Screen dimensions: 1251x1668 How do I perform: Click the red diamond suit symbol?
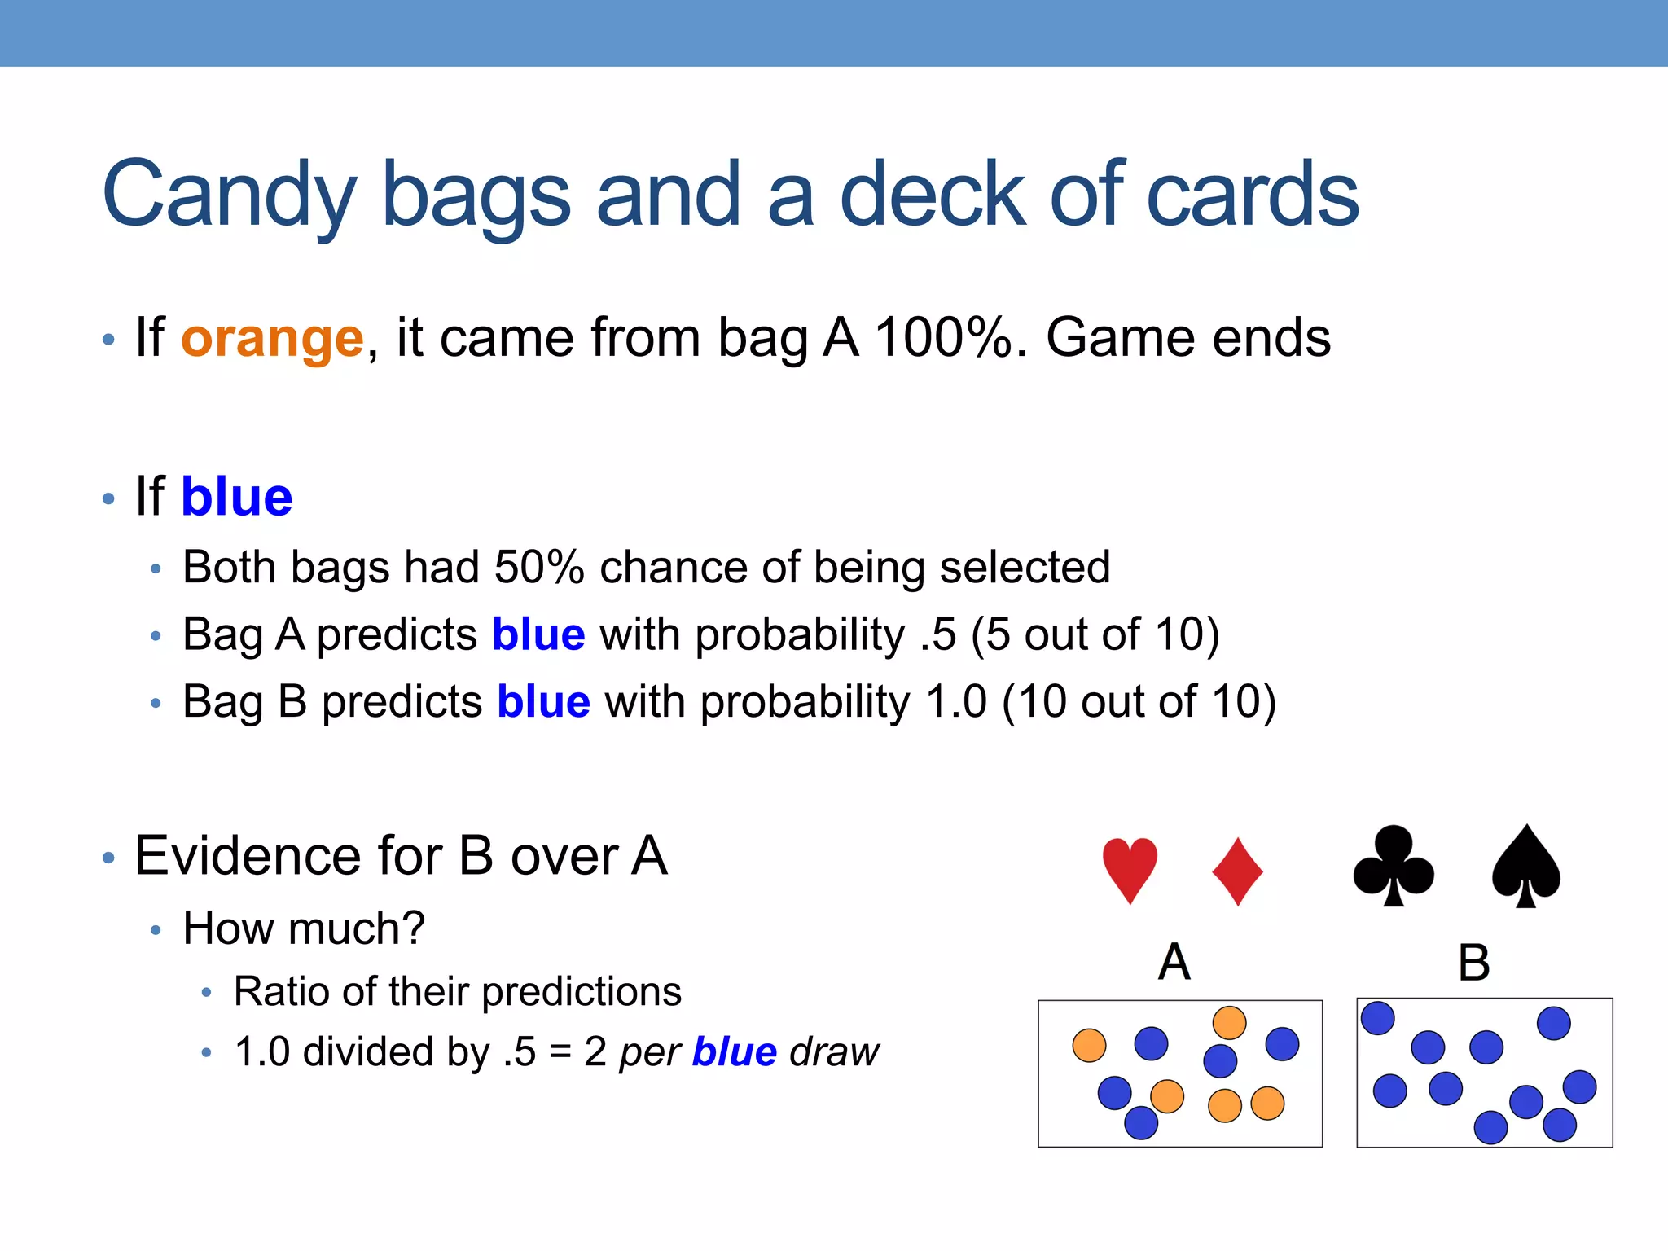coord(1237,871)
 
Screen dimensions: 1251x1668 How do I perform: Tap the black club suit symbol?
coord(1394,867)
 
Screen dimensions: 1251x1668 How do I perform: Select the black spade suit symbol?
coord(1525,867)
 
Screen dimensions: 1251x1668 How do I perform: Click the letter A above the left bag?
coord(1174,962)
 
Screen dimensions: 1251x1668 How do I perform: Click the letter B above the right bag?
coord(1473,963)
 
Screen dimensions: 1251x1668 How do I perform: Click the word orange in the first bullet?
coord(272,338)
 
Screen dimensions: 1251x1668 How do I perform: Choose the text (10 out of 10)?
coord(1139,702)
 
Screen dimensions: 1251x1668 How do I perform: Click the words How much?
coord(304,928)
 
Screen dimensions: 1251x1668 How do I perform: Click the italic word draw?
coord(835,1052)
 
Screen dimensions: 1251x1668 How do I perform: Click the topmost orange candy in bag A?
coord(1229,1023)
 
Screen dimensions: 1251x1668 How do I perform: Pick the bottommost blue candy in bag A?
coord(1140,1122)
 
